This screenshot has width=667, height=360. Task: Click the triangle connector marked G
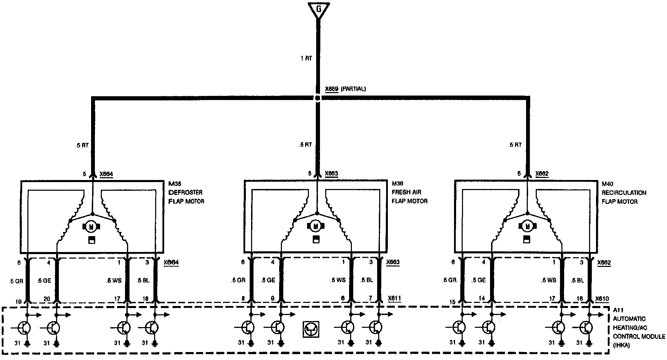(x=318, y=10)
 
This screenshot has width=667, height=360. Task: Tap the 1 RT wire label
(x=306, y=58)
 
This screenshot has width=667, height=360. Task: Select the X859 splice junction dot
(x=318, y=98)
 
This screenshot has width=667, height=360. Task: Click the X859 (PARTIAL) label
(x=345, y=89)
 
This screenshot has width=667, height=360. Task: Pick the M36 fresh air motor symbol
(x=315, y=227)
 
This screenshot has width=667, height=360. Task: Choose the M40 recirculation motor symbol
(x=527, y=227)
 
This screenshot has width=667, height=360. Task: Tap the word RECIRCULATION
(x=624, y=192)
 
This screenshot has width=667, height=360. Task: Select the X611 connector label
(x=394, y=298)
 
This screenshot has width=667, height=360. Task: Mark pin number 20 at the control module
(x=47, y=299)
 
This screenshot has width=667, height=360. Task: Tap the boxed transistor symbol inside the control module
(x=311, y=329)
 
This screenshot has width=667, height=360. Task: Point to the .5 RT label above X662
(x=515, y=145)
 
